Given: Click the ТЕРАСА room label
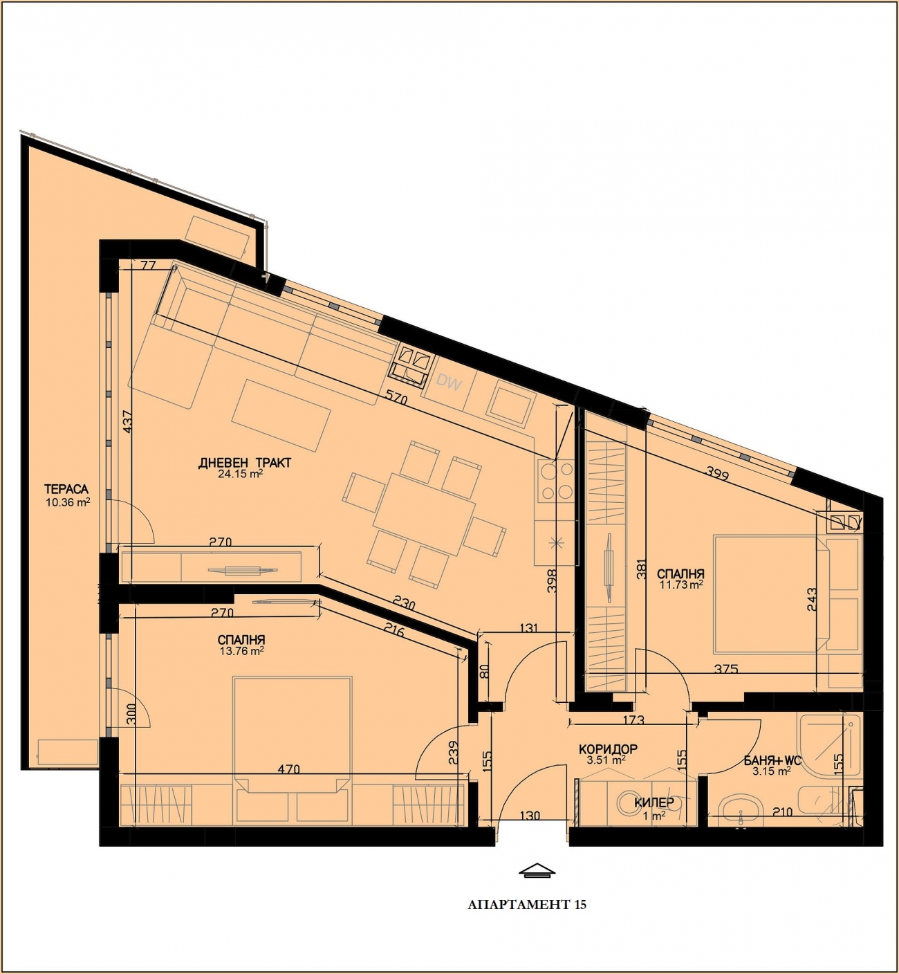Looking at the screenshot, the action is [66, 489].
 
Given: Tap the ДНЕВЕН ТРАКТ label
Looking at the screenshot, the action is [245, 463].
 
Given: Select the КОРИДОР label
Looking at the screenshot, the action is [608, 749].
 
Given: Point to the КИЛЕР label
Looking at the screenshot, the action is [654, 802].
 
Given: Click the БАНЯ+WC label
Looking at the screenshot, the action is [772, 761].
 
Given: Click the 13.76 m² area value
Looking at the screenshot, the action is [242, 652].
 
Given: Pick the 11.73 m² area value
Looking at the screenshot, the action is [681, 585].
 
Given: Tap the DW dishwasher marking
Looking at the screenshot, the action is [449, 382].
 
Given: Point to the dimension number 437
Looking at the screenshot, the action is [127, 421].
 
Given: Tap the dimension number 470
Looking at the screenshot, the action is [288, 769].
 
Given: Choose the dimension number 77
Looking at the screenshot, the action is [148, 266].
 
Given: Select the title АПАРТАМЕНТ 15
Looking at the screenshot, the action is [527, 904].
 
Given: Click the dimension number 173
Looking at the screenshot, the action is [633, 720].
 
